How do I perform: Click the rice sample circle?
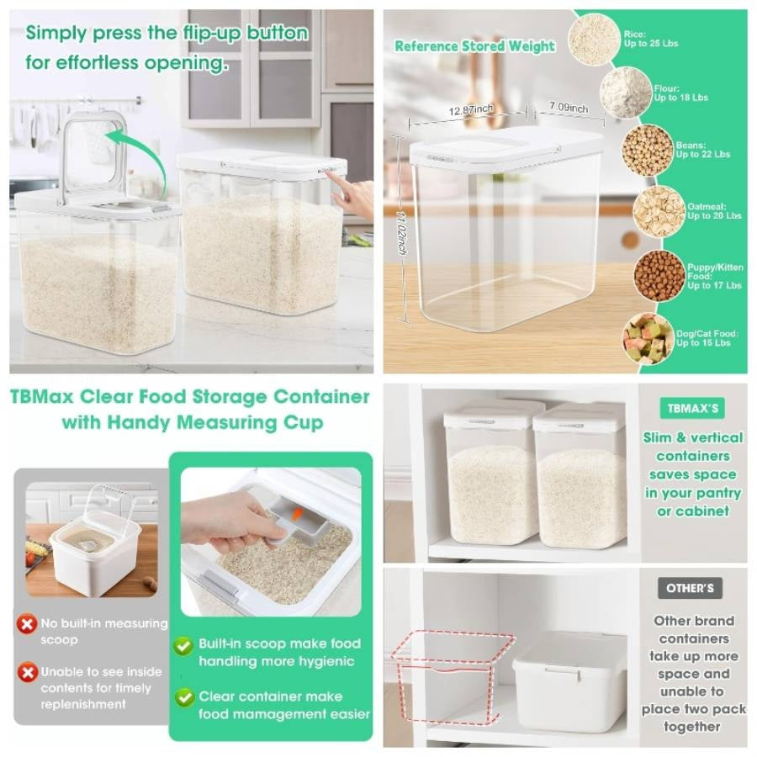pos(594,39)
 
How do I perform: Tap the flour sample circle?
pos(626,93)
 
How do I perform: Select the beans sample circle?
pos(647,150)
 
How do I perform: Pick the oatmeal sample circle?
pos(659,210)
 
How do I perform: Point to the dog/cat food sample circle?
pos(648,338)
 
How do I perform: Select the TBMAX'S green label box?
pos(692,409)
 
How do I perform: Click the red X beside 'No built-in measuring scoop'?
pos(28,624)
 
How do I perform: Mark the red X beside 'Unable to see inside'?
pos(28,672)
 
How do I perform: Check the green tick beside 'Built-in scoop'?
pos(183,645)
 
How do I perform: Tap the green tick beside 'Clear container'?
pos(183,696)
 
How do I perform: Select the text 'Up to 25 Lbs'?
pos(650,44)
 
